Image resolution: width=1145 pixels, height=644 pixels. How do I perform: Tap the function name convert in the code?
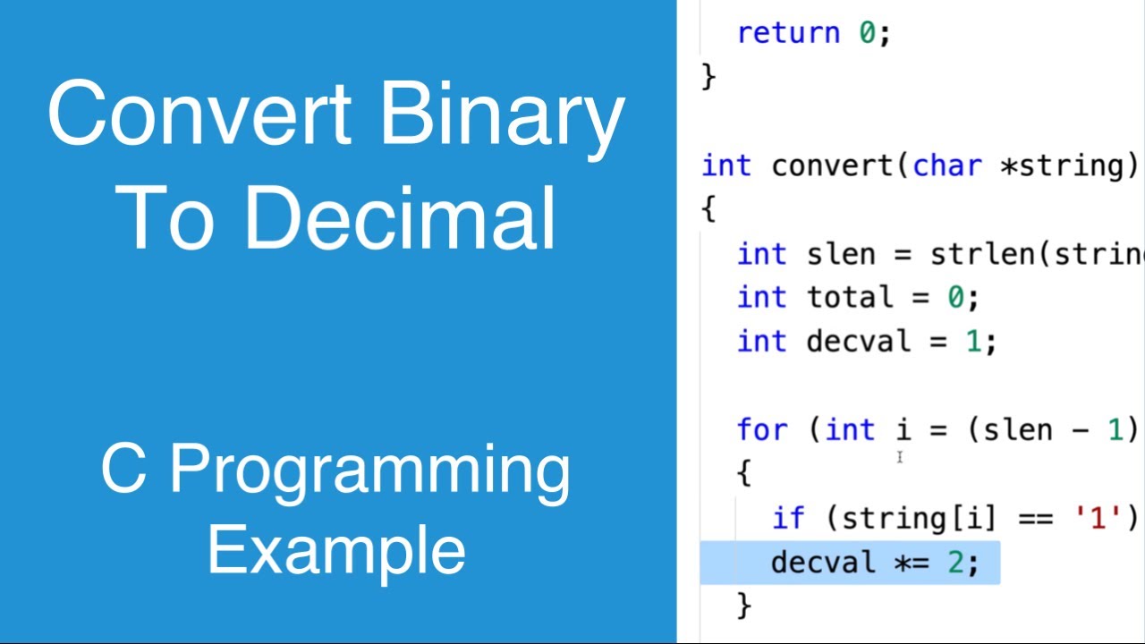coord(833,165)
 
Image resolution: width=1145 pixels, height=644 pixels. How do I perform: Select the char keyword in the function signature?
coord(947,165)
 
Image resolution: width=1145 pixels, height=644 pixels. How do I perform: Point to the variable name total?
coord(850,297)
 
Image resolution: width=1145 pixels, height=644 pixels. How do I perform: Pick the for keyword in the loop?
coord(763,430)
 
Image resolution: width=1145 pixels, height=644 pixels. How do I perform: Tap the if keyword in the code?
coord(789,518)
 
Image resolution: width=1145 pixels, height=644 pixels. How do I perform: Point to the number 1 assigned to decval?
coord(974,342)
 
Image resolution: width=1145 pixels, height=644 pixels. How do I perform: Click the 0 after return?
coord(868,33)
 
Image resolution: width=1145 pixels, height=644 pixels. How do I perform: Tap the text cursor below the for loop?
coord(900,458)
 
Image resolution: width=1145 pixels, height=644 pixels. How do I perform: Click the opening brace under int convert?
coord(709,210)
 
